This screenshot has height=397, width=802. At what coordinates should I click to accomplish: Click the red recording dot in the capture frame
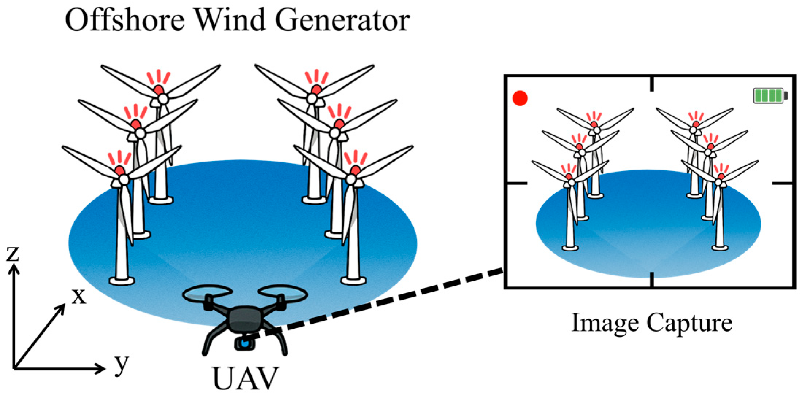tap(520, 98)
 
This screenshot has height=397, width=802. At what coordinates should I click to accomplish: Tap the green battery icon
tap(769, 96)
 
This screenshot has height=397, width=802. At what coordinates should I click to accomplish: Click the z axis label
tap(13, 253)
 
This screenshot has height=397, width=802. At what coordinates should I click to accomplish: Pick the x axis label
tap(78, 296)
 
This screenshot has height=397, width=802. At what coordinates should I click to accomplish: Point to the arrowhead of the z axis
tap(14, 269)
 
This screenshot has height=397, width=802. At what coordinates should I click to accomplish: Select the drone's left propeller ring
tap(207, 293)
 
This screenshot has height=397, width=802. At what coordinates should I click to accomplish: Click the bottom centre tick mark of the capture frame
tap(652, 280)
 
